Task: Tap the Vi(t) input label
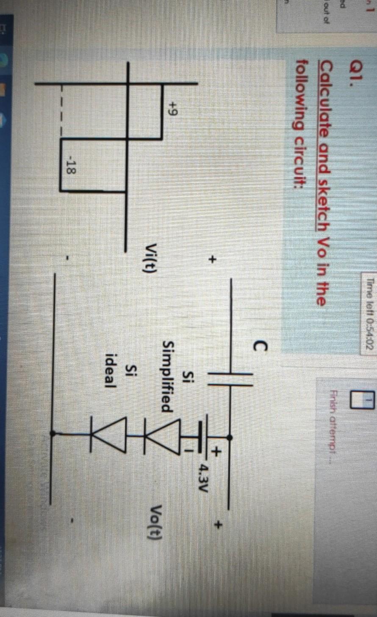click(151, 260)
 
